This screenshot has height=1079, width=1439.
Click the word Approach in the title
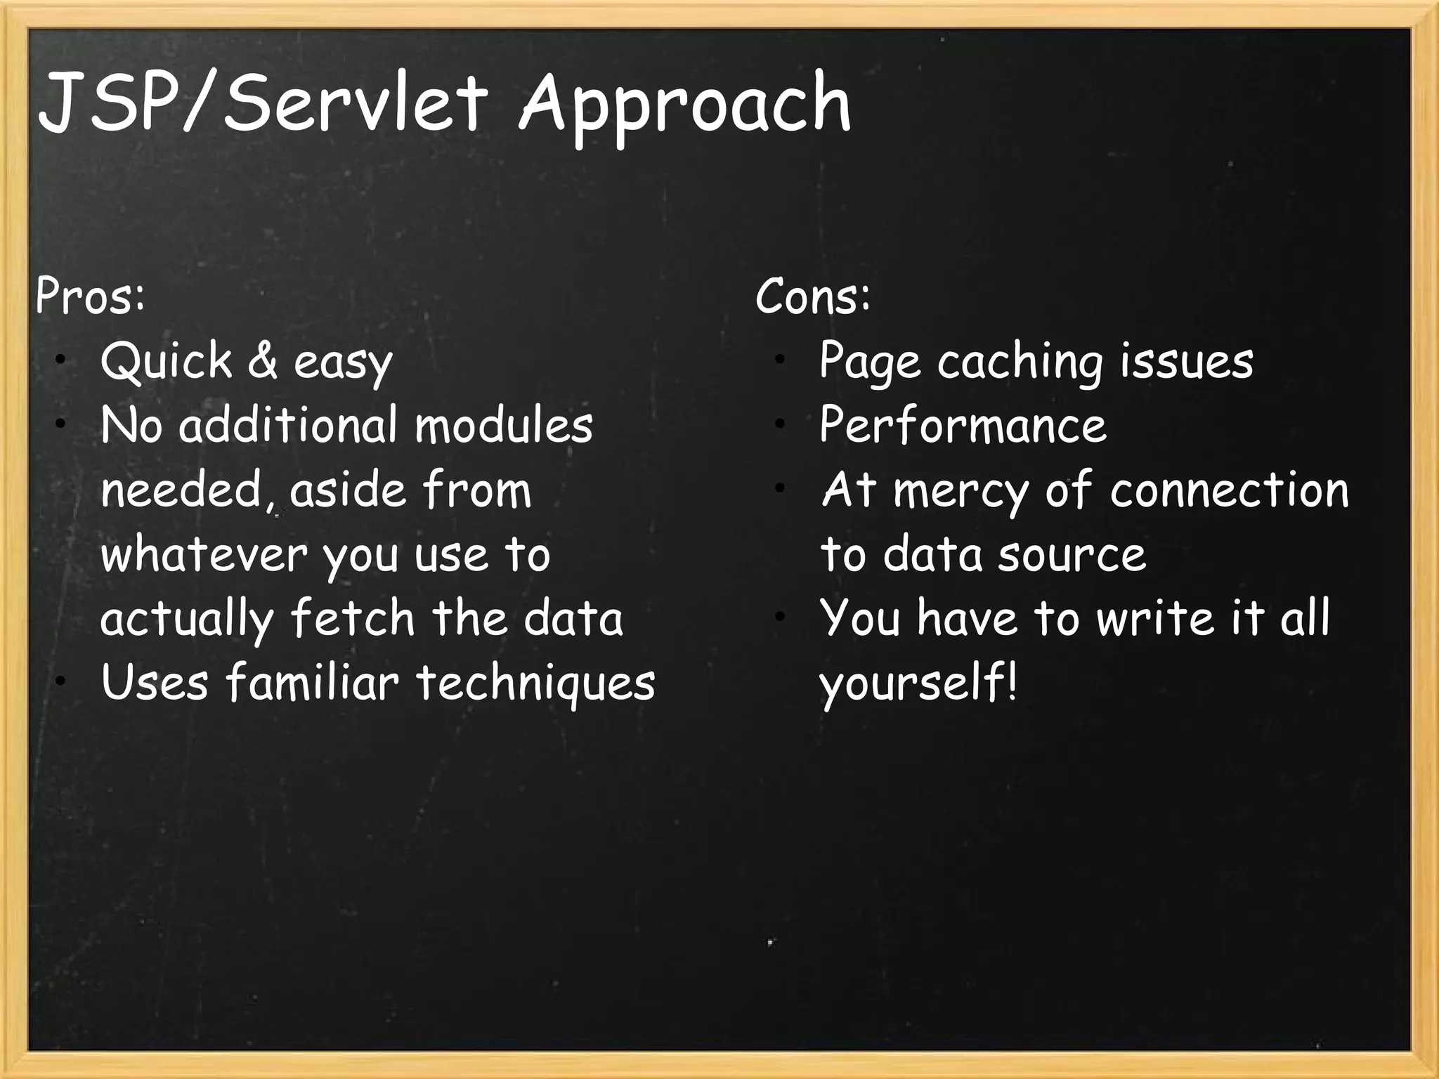[x=685, y=105]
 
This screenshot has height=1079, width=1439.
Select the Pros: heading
[x=91, y=296]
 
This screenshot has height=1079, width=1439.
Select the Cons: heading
[x=813, y=296]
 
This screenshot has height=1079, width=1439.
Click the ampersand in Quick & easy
[x=262, y=361]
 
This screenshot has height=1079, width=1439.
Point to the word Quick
[x=167, y=361]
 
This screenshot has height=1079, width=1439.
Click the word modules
[x=504, y=426]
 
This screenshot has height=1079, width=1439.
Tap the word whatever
[x=204, y=555]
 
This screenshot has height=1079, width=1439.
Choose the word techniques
[x=536, y=683]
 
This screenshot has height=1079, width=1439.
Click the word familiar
[x=312, y=683]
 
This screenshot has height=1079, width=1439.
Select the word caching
[x=1020, y=362]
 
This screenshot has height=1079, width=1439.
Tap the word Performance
[x=963, y=426]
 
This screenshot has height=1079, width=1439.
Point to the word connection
[x=1230, y=490]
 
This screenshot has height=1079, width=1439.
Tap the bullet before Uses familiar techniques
[x=62, y=681]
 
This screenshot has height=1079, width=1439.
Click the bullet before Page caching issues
[x=779, y=360]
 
